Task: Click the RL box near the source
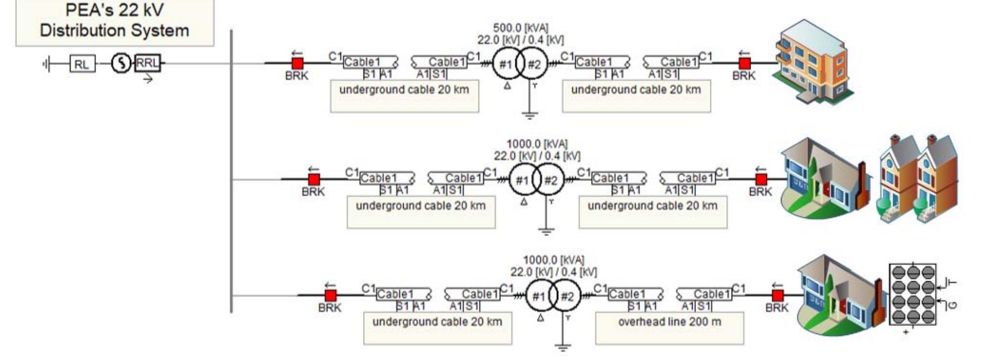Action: [82, 65]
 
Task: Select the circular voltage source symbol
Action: [121, 64]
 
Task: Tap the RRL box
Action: [147, 63]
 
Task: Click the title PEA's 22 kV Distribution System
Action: [114, 21]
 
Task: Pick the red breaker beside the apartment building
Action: [745, 63]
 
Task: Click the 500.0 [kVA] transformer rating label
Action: [520, 28]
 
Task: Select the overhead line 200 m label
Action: [669, 322]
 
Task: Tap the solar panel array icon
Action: [914, 294]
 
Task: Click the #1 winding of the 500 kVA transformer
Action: [505, 65]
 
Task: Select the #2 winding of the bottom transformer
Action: [567, 297]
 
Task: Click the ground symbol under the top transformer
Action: [529, 115]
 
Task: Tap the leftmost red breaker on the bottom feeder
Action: [331, 295]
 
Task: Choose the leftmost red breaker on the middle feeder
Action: [314, 179]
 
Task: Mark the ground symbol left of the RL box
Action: [47, 65]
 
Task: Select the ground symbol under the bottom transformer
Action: [563, 347]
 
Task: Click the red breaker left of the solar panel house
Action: [778, 295]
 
